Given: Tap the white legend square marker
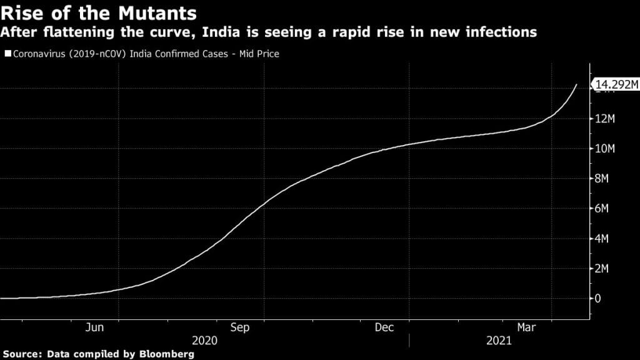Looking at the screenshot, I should pos(7,54).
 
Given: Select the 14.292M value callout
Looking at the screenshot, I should pos(616,85).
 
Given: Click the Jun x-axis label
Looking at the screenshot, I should pos(95,327).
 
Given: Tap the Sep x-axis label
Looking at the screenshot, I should pos(240,327).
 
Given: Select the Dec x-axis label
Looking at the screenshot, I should pos(384,327).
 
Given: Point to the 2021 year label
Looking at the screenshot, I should pos(498,341).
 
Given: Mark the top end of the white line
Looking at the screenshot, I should pos(576,84).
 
